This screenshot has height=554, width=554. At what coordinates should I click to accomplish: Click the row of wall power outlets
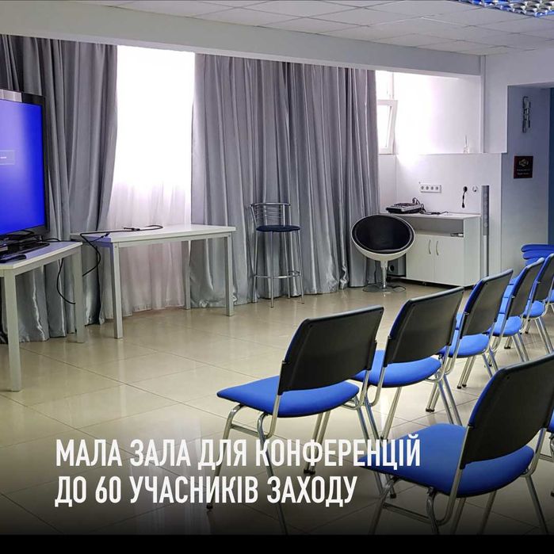(x=430, y=188)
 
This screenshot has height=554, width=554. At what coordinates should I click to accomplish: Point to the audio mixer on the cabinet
(x=404, y=208)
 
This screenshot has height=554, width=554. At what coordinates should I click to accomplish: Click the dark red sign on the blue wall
(x=523, y=166)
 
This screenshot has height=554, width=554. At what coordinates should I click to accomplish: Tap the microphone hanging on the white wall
(x=464, y=198)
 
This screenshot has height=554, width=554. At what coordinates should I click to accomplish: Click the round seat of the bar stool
(x=276, y=228)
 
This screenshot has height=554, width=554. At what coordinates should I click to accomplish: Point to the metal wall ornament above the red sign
(x=525, y=114)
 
